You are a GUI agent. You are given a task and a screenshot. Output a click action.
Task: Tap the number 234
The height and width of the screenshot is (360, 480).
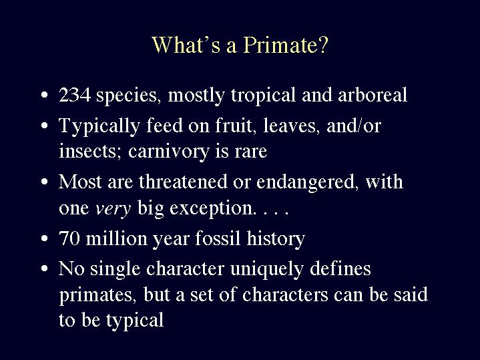tap(75, 95)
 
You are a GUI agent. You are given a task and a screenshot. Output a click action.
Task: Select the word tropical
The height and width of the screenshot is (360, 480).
tap(263, 96)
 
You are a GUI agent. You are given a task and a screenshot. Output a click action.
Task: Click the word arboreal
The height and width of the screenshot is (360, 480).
tap(373, 95)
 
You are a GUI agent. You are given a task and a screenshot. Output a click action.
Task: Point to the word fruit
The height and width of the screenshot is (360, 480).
tap(236, 126)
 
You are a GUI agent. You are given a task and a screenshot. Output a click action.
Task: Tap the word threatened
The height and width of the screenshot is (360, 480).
tap(183, 182)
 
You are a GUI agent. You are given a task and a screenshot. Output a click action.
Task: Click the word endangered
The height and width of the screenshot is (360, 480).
tap(307, 182)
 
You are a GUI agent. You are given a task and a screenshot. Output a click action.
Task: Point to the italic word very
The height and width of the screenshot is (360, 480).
tap(113, 209)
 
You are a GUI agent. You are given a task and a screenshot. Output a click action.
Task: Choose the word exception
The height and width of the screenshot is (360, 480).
tap(212, 208)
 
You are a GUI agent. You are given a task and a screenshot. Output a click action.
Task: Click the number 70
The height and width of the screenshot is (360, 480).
tap(69, 238)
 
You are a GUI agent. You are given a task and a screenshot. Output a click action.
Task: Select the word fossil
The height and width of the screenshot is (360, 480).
tap(218, 238)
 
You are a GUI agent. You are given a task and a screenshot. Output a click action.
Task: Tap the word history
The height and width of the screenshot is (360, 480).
tap(276, 239)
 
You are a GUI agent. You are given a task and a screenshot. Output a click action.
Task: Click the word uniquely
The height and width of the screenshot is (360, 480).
tap(266, 270)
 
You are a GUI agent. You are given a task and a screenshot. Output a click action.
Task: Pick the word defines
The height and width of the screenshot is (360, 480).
tap(340, 268)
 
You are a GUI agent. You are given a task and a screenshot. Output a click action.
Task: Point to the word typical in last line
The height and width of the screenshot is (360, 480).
tap(135, 321)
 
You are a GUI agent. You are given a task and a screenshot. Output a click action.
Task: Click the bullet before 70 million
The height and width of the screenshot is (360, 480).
tap(45, 238)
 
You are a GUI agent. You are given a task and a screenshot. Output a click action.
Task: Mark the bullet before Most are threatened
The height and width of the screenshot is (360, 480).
tap(45, 182)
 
